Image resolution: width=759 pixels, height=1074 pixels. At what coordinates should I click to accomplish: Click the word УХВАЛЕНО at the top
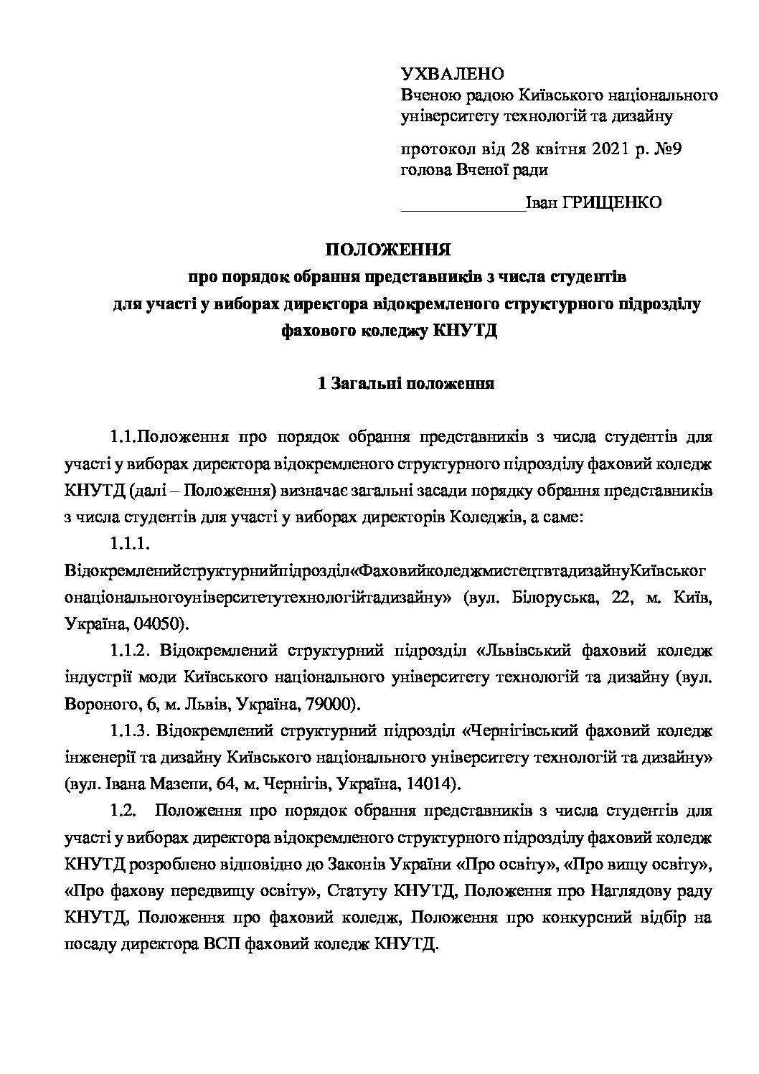coord(452,74)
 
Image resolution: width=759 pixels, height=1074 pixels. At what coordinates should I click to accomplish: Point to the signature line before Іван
coord(462,208)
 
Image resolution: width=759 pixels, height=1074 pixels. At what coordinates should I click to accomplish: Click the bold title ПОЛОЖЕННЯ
coord(388,250)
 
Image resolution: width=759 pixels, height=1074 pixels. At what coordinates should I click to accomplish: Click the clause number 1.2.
coord(123,811)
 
